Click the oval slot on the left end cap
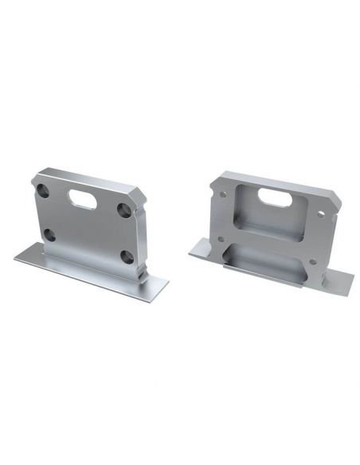coord(83,200)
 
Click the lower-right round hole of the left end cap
coord(126,256)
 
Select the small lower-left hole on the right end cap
coord(220,238)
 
